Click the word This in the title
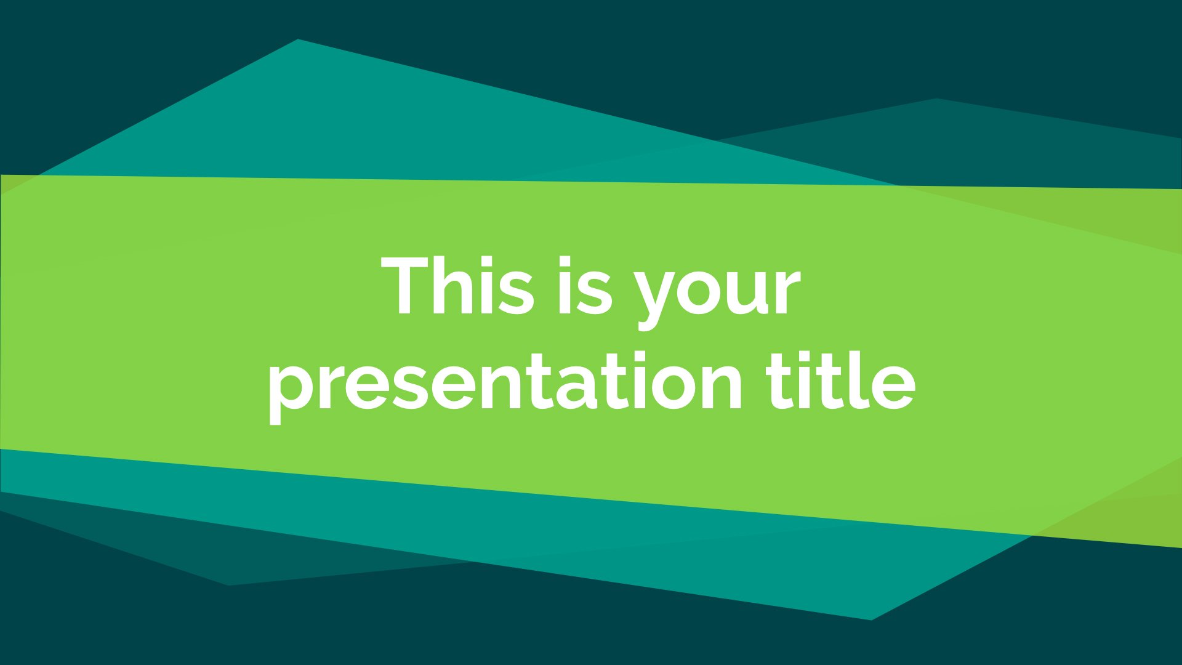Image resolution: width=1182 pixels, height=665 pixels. (457, 285)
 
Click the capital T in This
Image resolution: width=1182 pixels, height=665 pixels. (407, 285)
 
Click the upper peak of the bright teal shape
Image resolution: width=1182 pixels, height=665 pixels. (298, 39)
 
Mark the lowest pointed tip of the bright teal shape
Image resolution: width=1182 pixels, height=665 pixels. (871, 619)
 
